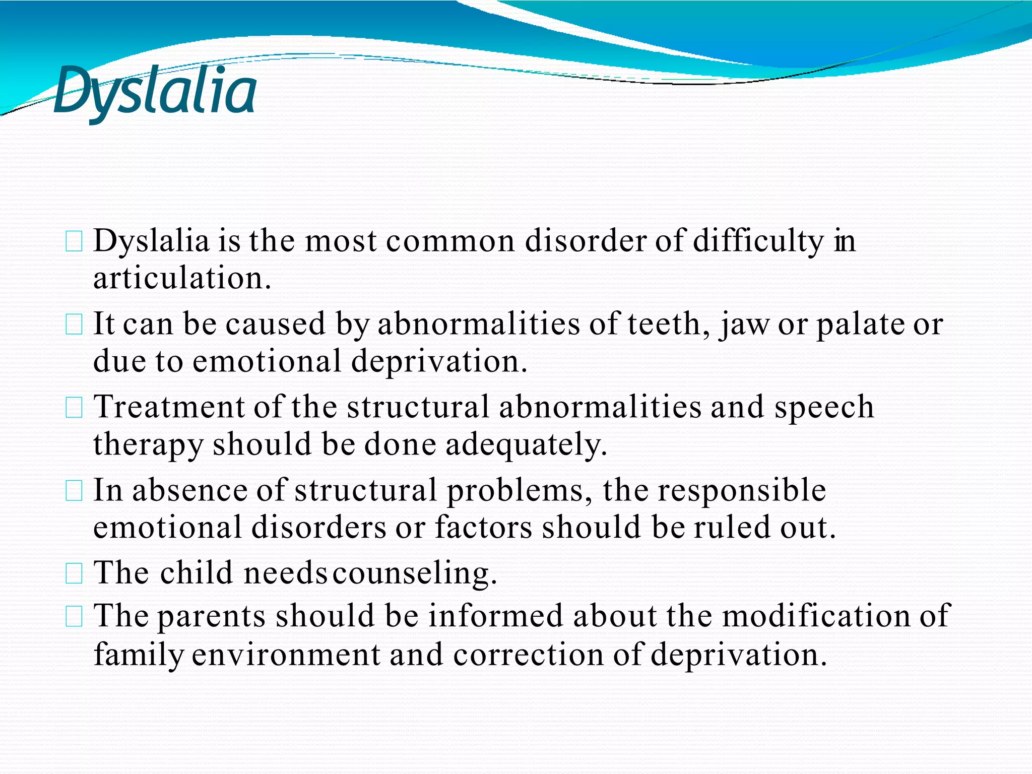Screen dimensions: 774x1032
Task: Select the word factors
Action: (483, 528)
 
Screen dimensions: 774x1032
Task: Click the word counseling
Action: (414, 573)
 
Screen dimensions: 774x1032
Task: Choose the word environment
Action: (286, 655)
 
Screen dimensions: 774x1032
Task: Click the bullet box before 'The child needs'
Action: (74, 574)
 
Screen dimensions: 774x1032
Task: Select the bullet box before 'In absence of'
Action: (74, 491)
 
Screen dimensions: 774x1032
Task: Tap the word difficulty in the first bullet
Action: (758, 241)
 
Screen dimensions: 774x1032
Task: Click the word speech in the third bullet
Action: (824, 407)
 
